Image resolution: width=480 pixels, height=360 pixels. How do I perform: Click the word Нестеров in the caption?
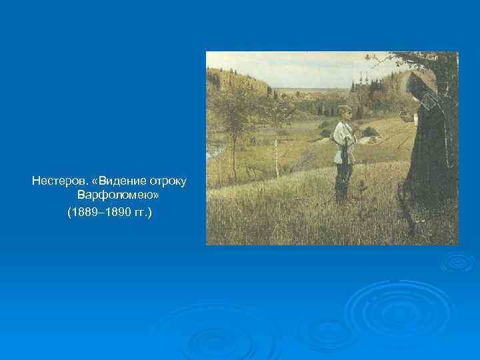(x=53, y=181)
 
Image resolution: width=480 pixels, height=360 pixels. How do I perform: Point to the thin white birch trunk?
(x=277, y=150)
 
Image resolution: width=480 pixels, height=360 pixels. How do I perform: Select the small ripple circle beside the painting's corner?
(x=457, y=261)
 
